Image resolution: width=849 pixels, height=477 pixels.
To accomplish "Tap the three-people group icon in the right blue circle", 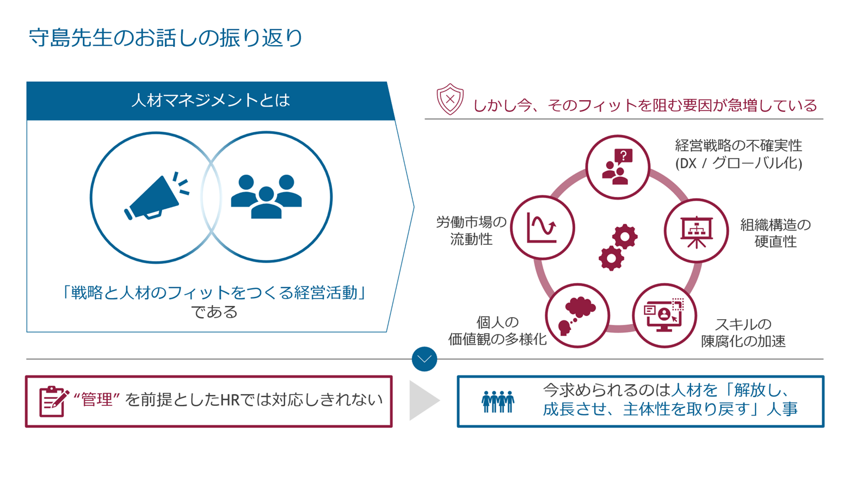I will [266, 196].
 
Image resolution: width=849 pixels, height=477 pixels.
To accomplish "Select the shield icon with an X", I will [450, 100].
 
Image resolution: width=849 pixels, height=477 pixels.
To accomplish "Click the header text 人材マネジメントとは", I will [211, 101].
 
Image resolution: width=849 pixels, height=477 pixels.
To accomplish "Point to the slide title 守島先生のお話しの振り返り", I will [165, 38].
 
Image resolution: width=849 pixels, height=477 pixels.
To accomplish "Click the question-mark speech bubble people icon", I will [618, 166].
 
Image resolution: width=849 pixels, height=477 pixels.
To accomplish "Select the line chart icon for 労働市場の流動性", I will [542, 227].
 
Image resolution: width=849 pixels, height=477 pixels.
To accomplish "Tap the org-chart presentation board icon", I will [696, 231].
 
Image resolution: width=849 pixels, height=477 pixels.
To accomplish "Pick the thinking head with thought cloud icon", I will [577, 315].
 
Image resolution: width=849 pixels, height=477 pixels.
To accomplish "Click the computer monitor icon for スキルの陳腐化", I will [664, 315].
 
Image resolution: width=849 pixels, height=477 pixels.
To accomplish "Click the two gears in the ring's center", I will [618, 247].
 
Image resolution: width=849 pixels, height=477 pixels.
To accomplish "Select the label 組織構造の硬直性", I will [775, 233].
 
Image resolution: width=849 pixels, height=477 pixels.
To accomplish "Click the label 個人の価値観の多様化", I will [497, 331].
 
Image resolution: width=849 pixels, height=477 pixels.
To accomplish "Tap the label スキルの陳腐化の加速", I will [743, 332].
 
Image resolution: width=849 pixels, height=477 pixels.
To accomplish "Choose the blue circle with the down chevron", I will [424, 359].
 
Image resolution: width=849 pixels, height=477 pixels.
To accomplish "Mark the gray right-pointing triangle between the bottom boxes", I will [422, 401].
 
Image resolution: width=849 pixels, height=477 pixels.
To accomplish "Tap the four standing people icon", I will [497, 402].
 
